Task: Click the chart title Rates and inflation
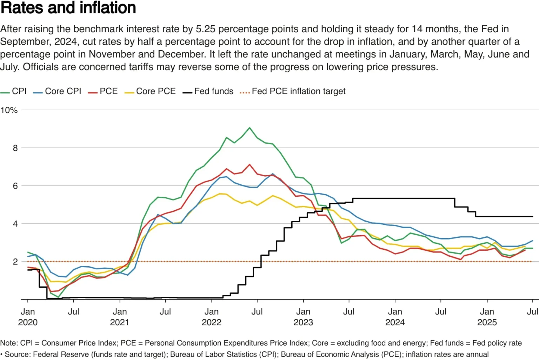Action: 68,8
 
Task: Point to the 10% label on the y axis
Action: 9,110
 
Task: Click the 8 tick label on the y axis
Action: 15,148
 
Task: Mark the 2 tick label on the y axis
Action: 15,262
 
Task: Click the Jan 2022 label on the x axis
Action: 211,317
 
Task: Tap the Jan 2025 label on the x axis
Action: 487,317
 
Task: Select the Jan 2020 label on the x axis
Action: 28,317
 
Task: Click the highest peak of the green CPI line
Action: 249,128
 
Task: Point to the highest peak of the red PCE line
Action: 249,164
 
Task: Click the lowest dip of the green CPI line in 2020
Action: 58,297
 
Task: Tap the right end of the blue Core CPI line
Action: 533,241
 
